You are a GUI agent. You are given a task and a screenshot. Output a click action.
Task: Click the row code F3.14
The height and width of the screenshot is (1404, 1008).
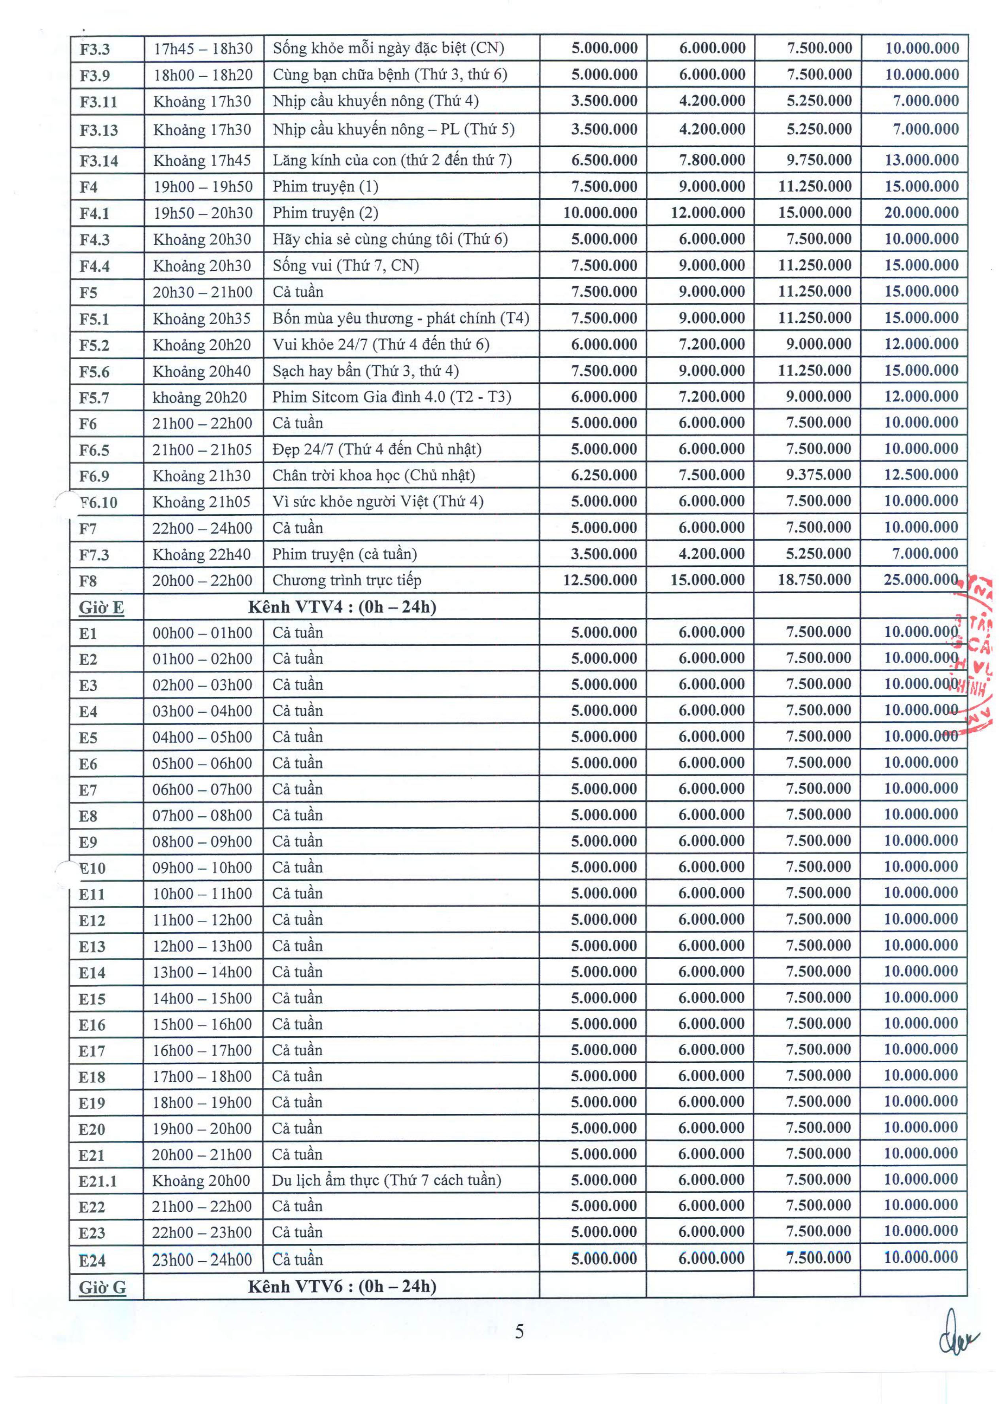[98, 161]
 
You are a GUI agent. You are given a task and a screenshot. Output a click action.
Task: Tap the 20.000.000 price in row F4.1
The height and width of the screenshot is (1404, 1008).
[921, 212]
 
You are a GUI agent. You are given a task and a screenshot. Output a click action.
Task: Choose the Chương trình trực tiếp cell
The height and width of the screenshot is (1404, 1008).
[347, 580]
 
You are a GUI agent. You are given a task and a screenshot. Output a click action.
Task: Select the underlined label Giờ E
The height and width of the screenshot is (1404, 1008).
[101, 607]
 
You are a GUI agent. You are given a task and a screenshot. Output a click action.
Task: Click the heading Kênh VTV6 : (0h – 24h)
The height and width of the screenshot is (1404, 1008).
[342, 1287]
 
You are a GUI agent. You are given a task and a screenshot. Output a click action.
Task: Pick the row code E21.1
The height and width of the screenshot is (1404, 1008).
[97, 1182]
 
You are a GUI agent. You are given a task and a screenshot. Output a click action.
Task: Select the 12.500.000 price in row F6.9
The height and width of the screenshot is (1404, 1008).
[921, 475]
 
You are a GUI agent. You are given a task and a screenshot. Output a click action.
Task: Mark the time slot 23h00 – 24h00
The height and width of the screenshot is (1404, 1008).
[202, 1260]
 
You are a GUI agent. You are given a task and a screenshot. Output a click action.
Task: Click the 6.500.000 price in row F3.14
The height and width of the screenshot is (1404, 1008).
[603, 160]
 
